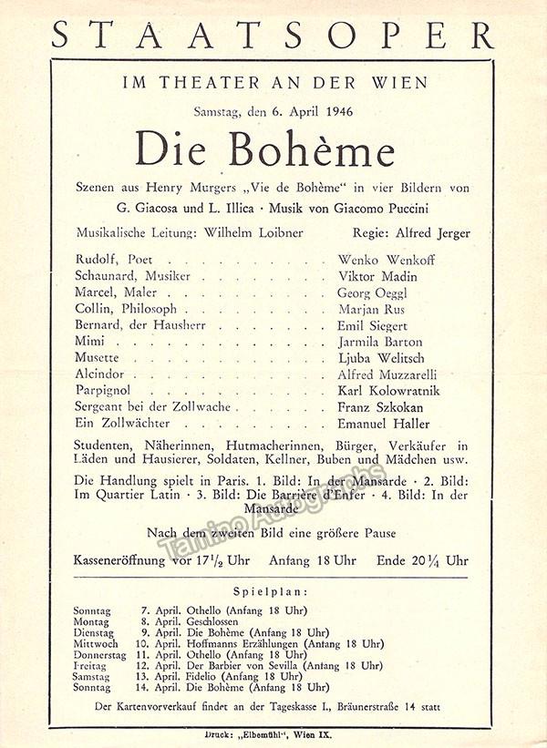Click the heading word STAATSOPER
pos(273,34)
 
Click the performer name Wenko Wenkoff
pos(386,260)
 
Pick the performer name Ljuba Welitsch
pos(381,357)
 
